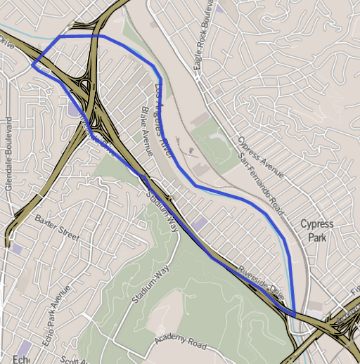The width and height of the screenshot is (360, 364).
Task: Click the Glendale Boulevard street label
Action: [x=9, y=158]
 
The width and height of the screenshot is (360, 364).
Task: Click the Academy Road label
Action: [x=181, y=342]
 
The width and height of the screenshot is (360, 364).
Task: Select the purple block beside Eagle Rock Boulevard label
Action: [x=220, y=9]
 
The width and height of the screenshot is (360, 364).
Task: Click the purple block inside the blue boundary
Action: [x=200, y=223]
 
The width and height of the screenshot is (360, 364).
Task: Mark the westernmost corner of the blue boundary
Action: [x=32, y=65]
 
